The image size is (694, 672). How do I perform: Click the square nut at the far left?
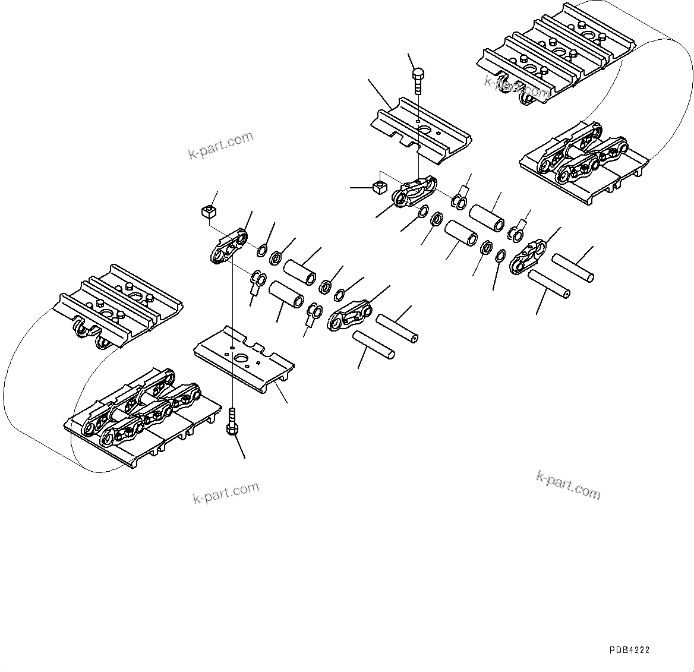pyautogui.click(x=207, y=211)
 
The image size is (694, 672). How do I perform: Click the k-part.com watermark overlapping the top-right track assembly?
pyautogui.click(x=517, y=87)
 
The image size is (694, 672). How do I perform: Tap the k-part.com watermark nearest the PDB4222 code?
pyautogui.click(x=568, y=484)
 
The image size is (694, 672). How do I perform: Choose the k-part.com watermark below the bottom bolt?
pyautogui.click(x=226, y=493)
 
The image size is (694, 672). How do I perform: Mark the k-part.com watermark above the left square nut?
pyautogui.click(x=220, y=146)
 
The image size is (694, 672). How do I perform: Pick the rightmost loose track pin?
pyautogui.click(x=573, y=268)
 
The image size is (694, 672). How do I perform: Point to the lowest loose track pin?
pyautogui.click(x=374, y=345)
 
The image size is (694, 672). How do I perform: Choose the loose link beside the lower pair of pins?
pyautogui.click(x=350, y=315)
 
